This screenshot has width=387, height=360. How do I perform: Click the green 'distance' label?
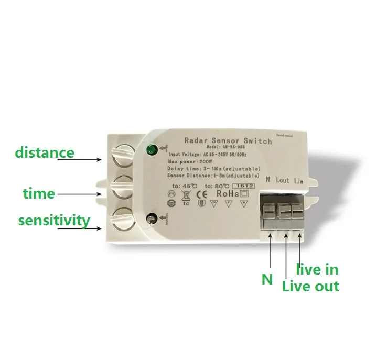pyautogui.click(x=45, y=153)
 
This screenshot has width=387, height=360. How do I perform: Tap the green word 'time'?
pyautogui.click(x=39, y=193)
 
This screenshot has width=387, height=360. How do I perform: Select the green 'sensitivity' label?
pyautogui.click(x=54, y=220)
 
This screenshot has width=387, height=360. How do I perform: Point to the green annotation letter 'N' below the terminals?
pyautogui.click(x=267, y=279)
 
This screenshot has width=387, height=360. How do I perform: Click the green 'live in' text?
pyautogui.click(x=317, y=270)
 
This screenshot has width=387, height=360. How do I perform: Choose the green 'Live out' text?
pyautogui.click(x=310, y=286)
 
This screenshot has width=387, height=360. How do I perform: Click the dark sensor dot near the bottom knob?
pyautogui.click(x=152, y=219)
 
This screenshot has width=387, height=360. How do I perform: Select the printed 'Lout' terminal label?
pyautogui.click(x=282, y=180)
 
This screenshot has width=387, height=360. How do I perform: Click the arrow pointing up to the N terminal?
pyautogui.click(x=270, y=252)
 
